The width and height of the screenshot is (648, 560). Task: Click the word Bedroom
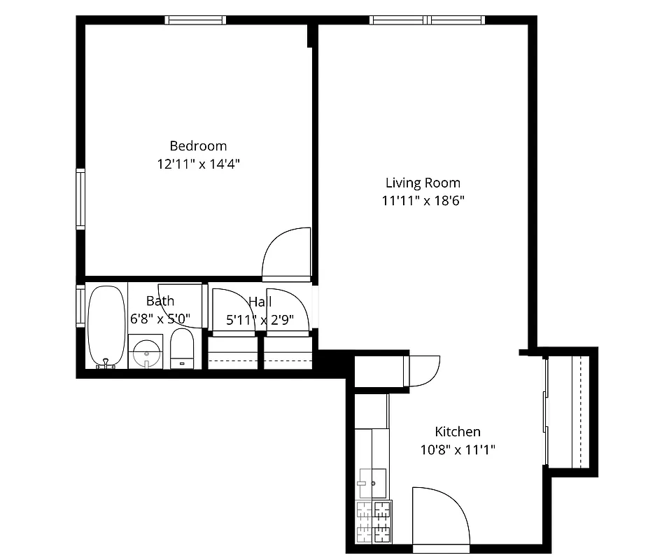coord(198,146)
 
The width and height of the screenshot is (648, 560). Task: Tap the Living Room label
coord(423,183)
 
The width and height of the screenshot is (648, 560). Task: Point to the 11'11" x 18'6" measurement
coord(423,201)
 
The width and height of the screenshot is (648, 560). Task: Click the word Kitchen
coord(458,432)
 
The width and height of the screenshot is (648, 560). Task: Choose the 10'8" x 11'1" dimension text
coord(458,450)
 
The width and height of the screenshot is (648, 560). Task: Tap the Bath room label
coord(160,302)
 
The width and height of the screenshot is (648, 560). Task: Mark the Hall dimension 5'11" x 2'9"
coord(260,320)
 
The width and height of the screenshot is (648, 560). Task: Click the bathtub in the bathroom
coord(106,325)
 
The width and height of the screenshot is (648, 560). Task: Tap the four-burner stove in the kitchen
coord(374,521)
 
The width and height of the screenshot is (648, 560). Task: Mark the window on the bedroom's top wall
coord(195,20)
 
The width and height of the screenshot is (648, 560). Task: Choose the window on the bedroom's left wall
coord(80,199)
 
